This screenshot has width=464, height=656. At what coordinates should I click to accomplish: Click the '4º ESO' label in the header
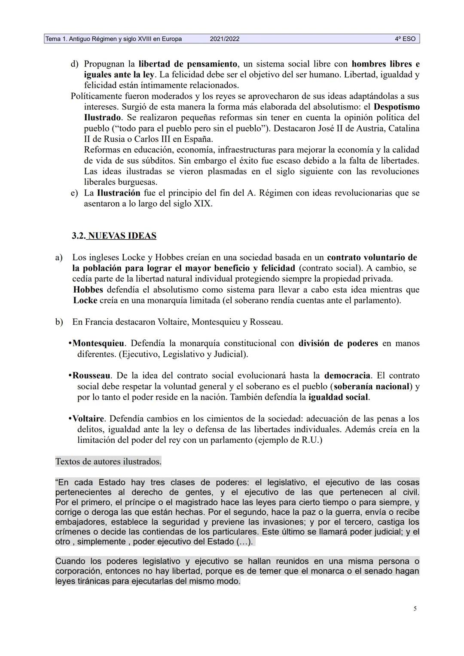point(405,39)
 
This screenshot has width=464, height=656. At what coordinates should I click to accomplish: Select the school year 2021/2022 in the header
point(225,39)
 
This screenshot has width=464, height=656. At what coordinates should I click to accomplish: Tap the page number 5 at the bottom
point(415,608)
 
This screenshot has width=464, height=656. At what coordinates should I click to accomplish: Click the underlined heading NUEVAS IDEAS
point(122,236)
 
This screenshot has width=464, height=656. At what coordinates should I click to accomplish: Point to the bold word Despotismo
point(397,107)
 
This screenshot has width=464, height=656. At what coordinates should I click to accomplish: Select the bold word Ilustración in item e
point(119,193)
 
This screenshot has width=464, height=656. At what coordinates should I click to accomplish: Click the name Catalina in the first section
point(403,128)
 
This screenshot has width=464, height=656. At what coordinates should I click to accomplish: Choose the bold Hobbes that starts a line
point(88,290)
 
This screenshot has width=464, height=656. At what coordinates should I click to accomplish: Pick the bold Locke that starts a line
point(85,300)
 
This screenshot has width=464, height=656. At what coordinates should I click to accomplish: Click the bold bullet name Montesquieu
point(98,343)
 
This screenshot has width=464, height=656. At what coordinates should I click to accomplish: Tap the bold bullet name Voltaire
point(88,418)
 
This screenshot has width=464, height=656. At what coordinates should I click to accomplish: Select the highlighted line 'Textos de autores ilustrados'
point(108,462)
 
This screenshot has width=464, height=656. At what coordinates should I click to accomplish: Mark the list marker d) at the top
point(74,64)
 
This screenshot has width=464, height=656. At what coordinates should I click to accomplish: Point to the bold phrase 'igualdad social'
point(338,397)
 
